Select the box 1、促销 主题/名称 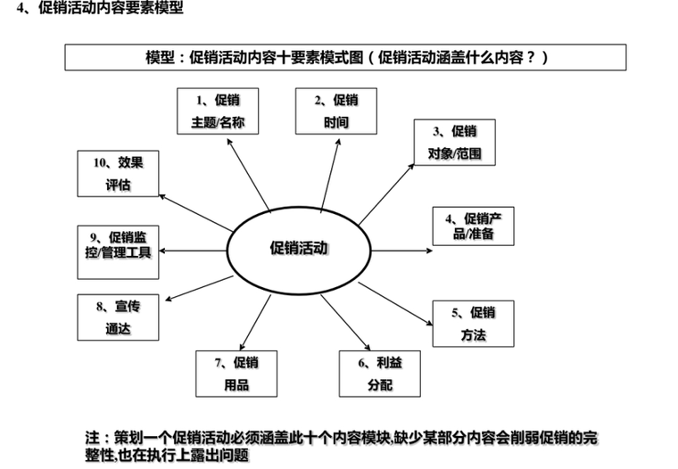[x=218, y=111]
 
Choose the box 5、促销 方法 [x=473, y=324]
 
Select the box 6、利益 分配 [x=379, y=374]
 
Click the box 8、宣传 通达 [x=118, y=317]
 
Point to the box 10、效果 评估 [x=118, y=174]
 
